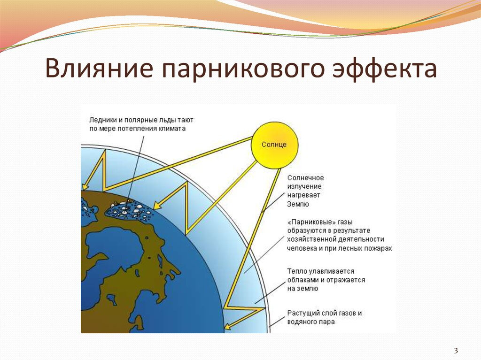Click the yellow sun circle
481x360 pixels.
point(274,145)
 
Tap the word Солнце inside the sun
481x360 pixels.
point(274,145)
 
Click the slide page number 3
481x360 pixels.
point(456,350)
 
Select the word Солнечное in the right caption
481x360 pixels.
point(305,178)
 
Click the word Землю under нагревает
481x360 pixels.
point(298,204)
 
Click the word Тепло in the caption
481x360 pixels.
point(297,271)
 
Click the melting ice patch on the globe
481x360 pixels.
point(129,211)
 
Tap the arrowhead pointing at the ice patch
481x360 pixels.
point(158,205)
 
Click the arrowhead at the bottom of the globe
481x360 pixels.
point(228,327)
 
